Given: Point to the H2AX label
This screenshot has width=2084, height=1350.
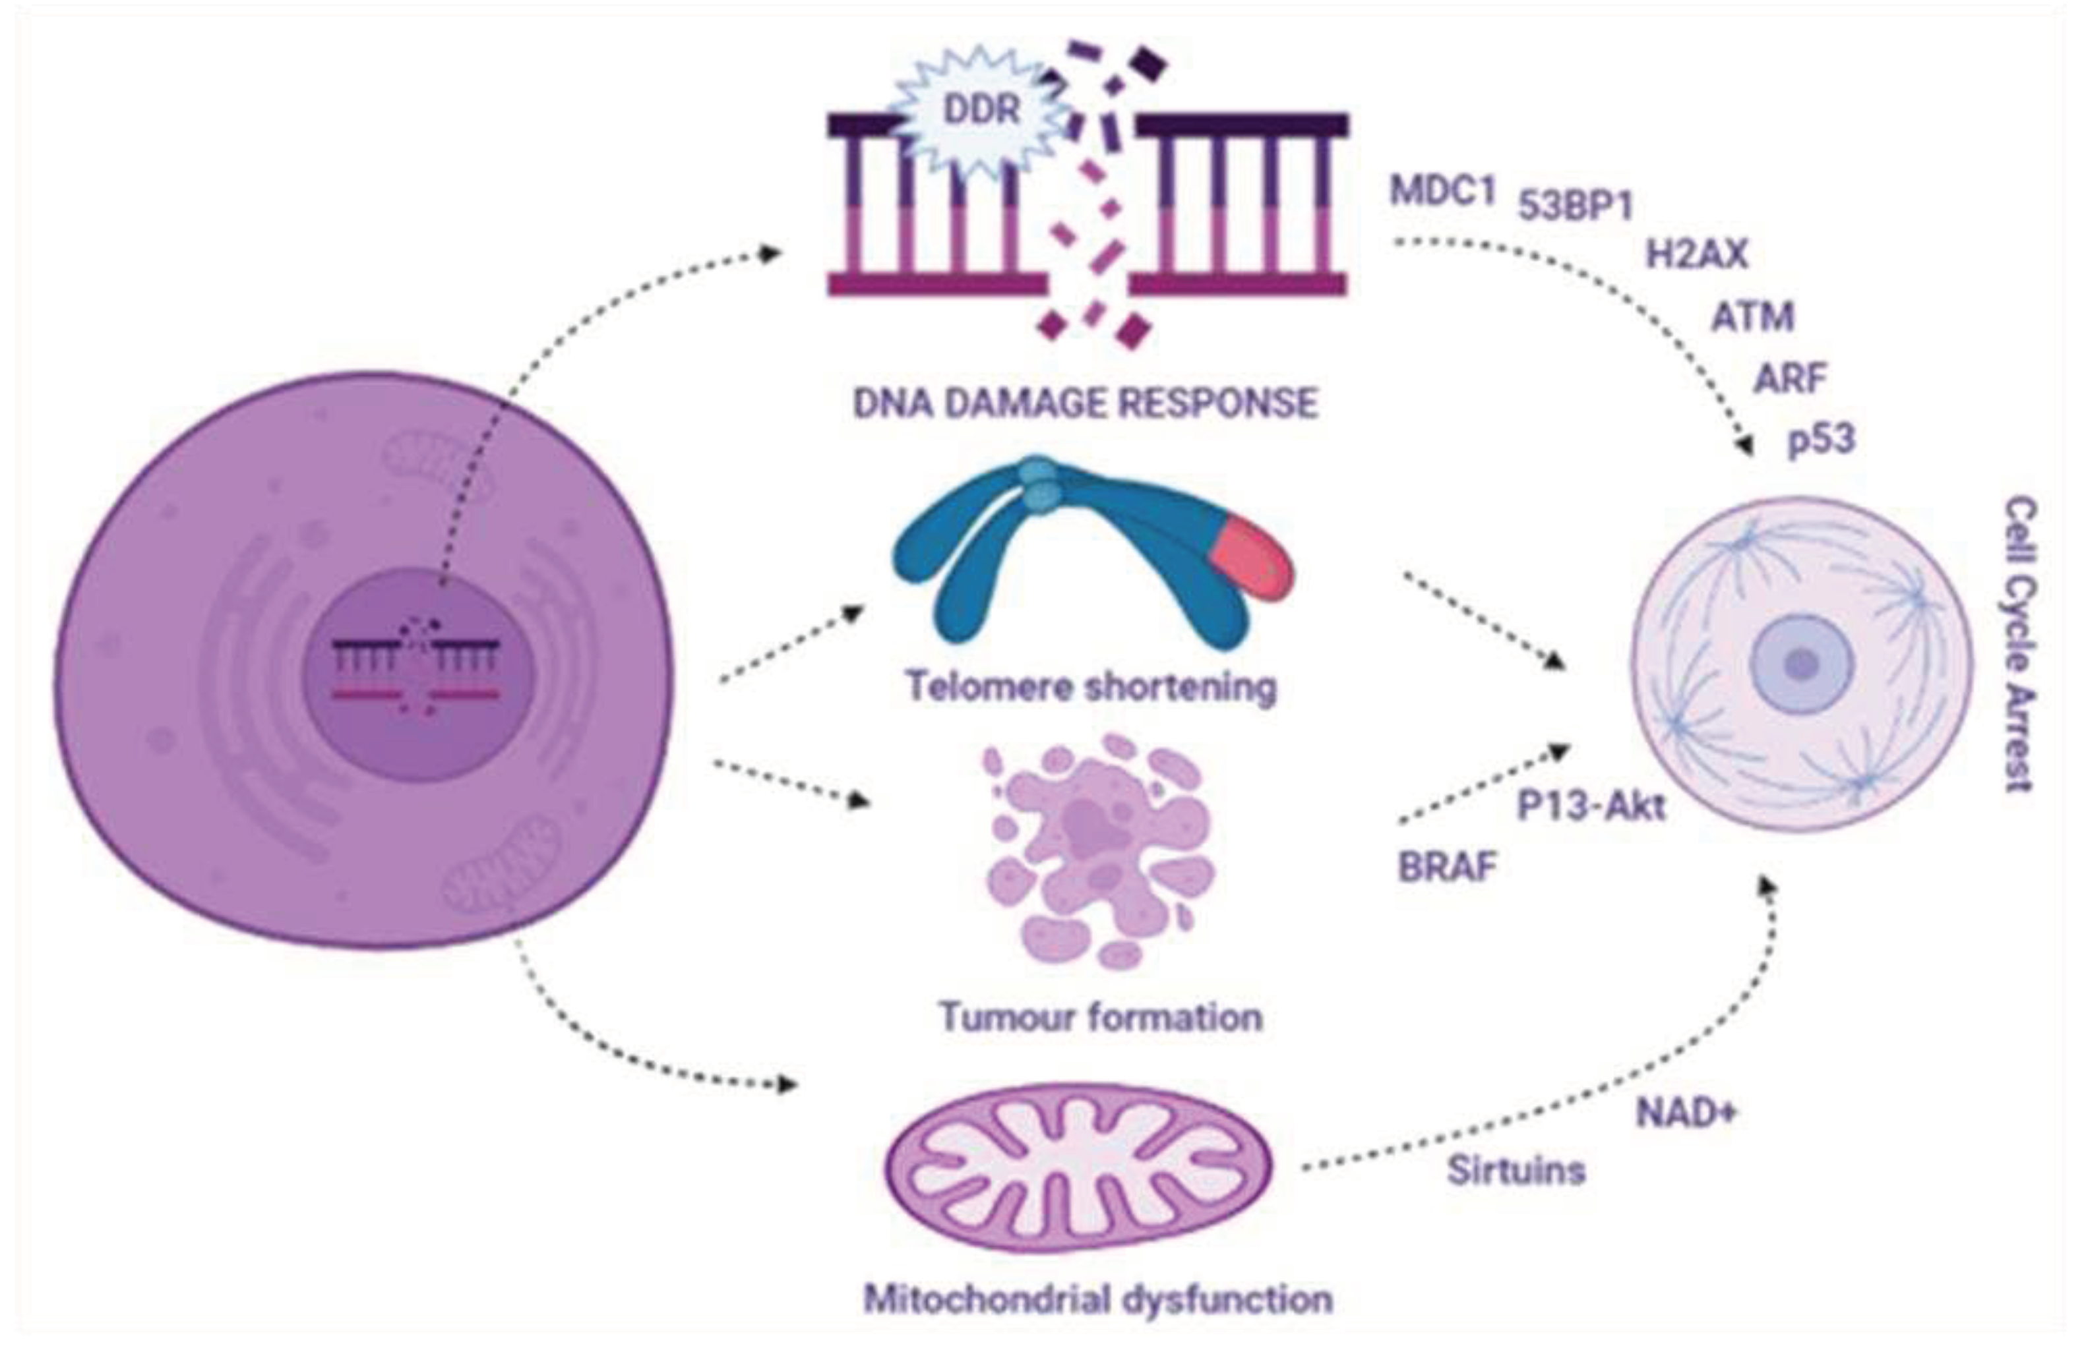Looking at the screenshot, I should pyautogui.click(x=1696, y=254).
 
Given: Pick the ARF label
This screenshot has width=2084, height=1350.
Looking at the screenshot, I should pyautogui.click(x=1790, y=379).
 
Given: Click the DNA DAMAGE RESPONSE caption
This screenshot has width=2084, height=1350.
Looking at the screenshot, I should pyautogui.click(x=1086, y=403).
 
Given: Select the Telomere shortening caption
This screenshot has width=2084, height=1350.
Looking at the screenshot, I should pyautogui.click(x=1091, y=686).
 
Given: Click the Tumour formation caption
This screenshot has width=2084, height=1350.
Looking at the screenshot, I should pyautogui.click(x=1101, y=1017).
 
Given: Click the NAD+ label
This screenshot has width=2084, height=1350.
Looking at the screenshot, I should pyautogui.click(x=1686, y=1113).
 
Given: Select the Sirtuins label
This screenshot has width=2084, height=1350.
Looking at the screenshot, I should pyautogui.click(x=1516, y=1171).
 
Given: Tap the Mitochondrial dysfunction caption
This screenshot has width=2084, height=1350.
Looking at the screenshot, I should pyautogui.click(x=1098, y=1299).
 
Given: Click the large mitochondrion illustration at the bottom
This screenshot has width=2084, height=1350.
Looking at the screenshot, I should pyautogui.click(x=1077, y=1169).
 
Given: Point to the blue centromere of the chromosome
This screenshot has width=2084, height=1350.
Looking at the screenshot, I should pyautogui.click(x=1040, y=484).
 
